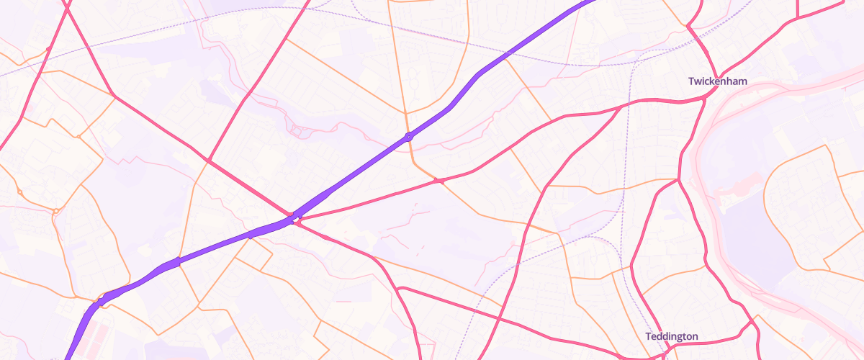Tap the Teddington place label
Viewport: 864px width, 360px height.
pos(671,336)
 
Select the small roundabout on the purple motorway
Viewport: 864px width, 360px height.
pos(409,135)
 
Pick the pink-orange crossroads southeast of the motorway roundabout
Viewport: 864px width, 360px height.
pos(441,180)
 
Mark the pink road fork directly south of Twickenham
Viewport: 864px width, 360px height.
pos(678,179)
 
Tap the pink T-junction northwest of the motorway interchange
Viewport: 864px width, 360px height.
pos(208,160)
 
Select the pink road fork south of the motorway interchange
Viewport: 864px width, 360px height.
pos(399,288)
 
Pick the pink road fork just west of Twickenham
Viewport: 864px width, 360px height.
pos(621,108)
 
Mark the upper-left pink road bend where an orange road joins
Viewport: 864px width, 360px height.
pos(114,96)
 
